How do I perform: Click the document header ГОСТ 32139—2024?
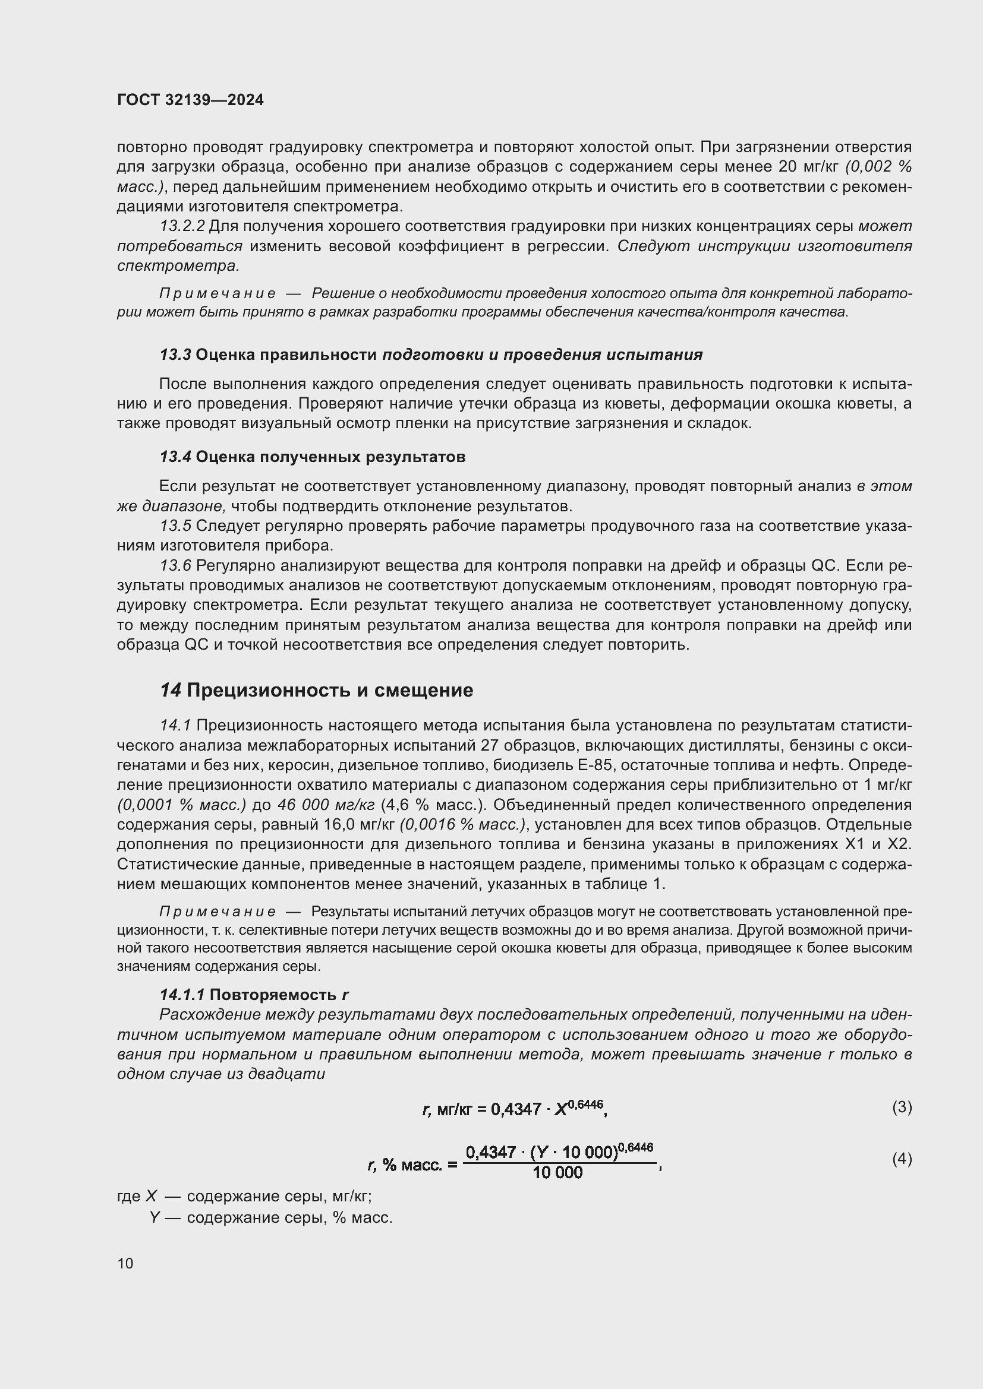click(190, 100)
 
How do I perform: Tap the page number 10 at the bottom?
click(125, 1263)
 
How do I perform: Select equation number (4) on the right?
click(902, 1159)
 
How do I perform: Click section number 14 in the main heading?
click(170, 690)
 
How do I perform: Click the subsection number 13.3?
click(175, 355)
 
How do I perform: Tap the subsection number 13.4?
click(175, 457)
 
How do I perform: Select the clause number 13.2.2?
click(182, 226)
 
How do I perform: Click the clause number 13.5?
click(175, 526)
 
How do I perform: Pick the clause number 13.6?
click(175, 566)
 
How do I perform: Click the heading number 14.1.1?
click(182, 995)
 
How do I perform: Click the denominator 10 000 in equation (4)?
click(557, 1173)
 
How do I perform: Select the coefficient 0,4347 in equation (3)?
click(516, 1109)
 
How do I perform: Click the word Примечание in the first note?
click(218, 294)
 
